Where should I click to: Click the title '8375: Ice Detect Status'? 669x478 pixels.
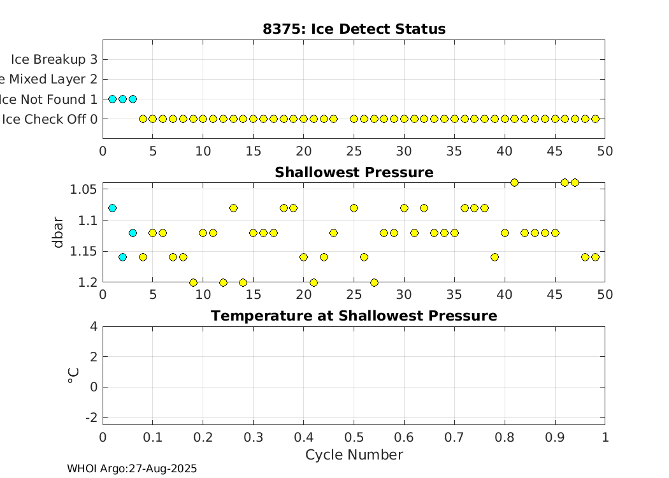[x=354, y=29]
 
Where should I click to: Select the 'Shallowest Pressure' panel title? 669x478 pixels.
[x=354, y=173]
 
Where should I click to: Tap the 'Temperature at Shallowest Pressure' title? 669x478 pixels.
[x=354, y=316]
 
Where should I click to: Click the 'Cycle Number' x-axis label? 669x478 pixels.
[x=354, y=455]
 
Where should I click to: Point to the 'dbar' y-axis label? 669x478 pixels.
[x=58, y=233]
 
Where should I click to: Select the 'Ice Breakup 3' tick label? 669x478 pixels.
[x=54, y=59]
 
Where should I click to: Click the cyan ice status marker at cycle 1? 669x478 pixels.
[x=113, y=99]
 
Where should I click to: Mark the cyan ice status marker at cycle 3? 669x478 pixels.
[x=133, y=99]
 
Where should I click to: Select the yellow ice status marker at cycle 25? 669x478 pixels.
[x=354, y=119]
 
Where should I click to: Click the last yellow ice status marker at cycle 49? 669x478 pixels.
[x=595, y=119]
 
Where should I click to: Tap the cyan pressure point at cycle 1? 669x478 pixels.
[x=113, y=208]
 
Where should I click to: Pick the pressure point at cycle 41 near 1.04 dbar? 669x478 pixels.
[x=514, y=182]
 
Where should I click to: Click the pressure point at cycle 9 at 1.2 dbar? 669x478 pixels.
[x=193, y=282]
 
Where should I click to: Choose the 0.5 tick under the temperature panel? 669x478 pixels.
[x=354, y=437]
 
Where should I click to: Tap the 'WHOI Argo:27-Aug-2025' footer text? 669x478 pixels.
[x=132, y=469]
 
